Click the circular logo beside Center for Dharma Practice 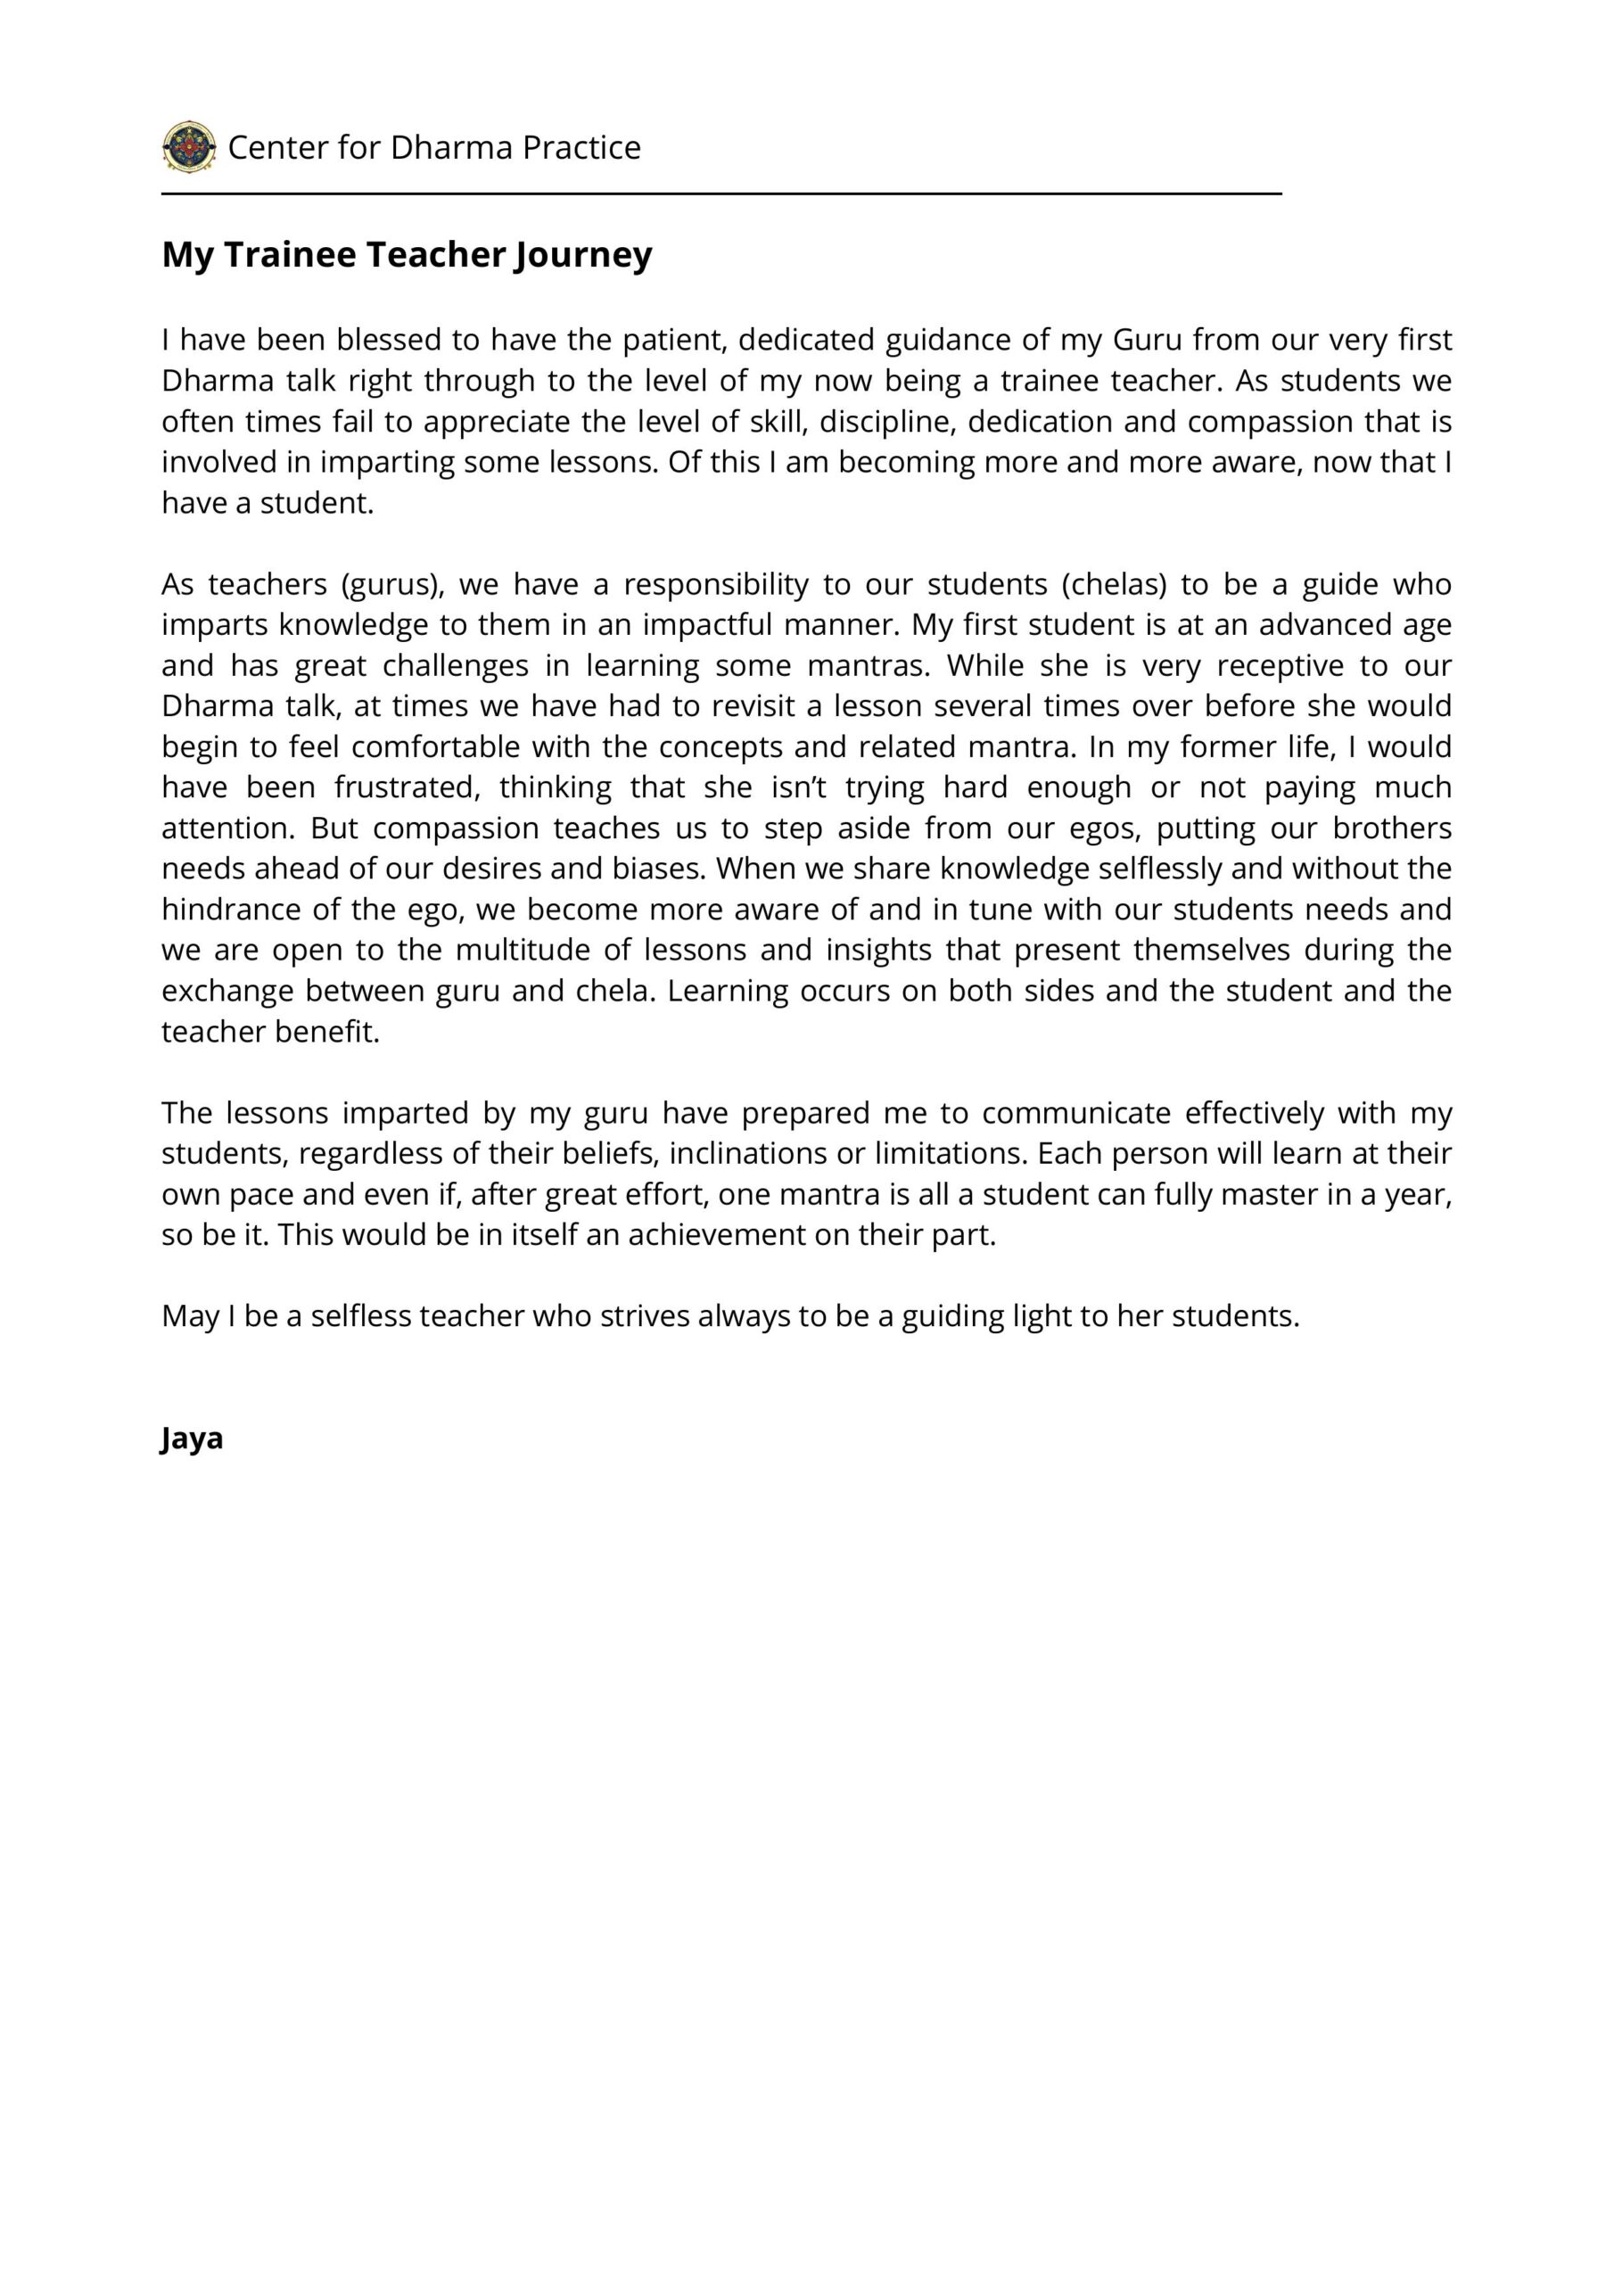(189, 147)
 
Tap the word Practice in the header (581, 147)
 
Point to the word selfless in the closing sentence (360, 1316)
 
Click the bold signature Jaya (192, 1438)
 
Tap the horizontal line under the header (721, 194)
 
